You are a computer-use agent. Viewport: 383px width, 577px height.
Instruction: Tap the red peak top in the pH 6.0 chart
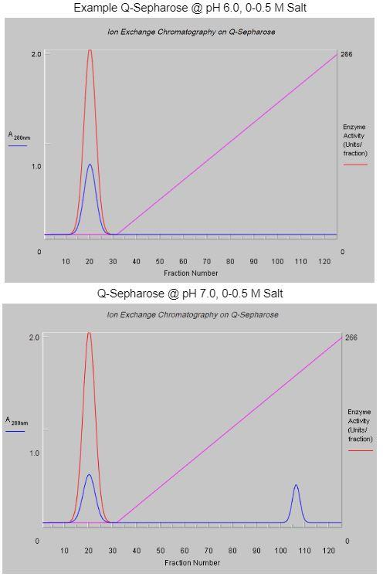point(90,51)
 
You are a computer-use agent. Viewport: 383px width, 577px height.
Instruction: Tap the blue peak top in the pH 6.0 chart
point(90,165)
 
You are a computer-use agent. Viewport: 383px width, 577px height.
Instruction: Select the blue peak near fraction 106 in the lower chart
point(296,486)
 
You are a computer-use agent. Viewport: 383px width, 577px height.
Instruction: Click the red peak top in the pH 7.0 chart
point(89,334)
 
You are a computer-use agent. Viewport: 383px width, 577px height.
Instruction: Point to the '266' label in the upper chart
point(346,55)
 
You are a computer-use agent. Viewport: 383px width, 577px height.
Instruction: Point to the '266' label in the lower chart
point(351,338)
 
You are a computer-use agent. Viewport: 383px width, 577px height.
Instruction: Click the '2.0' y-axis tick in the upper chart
point(36,54)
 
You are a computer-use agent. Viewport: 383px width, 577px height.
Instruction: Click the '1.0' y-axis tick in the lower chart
point(35,453)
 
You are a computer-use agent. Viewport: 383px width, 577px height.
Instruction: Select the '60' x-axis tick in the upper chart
point(183,261)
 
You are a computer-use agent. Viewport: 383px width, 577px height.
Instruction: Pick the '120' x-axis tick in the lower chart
point(329,551)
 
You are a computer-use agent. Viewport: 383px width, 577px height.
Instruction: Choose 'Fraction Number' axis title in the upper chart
point(191,273)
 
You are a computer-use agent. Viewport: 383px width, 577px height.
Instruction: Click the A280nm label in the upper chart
point(19,136)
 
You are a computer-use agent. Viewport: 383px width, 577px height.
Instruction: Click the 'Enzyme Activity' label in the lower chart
point(358,426)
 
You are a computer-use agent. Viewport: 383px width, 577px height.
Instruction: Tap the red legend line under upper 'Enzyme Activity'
point(355,165)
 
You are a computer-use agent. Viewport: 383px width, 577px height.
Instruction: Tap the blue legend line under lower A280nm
point(15,431)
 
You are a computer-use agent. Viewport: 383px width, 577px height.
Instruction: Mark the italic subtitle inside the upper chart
point(191,32)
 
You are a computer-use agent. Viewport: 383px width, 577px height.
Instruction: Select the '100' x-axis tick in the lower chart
point(280,551)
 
